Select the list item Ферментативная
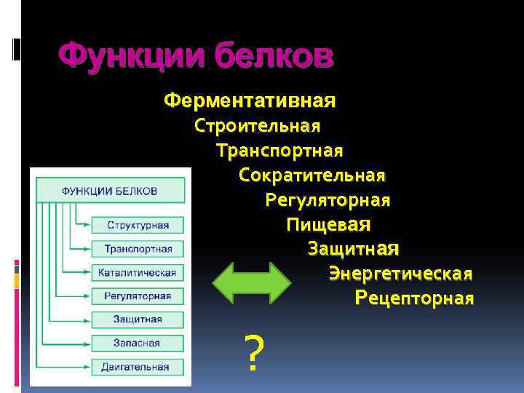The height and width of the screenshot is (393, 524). click(250, 99)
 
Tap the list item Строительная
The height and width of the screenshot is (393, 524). click(258, 126)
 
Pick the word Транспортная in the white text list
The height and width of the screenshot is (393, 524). click(279, 151)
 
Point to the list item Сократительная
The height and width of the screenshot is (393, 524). click(312, 175)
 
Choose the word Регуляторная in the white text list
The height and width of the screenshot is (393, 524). click(327, 200)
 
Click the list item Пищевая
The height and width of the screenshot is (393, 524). click(329, 224)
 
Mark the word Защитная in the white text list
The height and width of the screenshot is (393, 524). click(354, 249)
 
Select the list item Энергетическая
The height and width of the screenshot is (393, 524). click(401, 274)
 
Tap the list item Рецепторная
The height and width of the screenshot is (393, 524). click(415, 298)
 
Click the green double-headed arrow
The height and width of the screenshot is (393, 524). click(251, 282)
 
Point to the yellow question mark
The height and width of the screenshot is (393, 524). click(252, 354)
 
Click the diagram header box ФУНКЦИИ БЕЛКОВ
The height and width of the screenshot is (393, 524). click(110, 191)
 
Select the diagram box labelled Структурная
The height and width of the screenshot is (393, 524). click(138, 226)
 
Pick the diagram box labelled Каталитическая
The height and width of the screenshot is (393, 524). click(138, 272)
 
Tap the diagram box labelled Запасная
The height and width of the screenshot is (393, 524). click(138, 343)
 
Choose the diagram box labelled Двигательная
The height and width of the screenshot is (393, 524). click(138, 366)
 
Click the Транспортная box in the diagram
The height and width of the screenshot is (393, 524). click(138, 249)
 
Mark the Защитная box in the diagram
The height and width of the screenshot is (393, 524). click(138, 319)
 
